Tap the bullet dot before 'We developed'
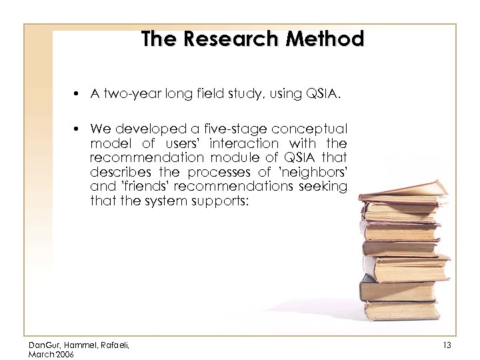click(x=78, y=129)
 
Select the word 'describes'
click(x=117, y=172)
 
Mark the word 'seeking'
click(x=324, y=187)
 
